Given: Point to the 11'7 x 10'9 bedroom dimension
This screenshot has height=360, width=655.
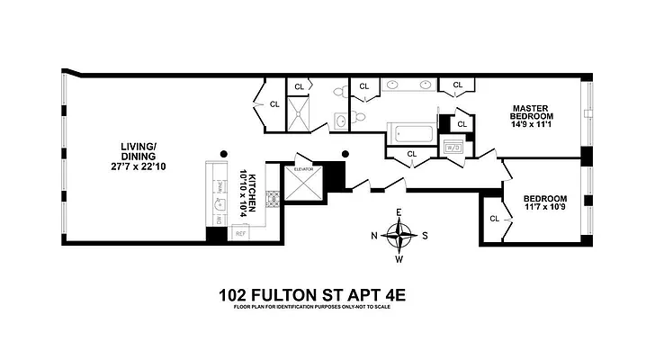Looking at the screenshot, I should [546, 209].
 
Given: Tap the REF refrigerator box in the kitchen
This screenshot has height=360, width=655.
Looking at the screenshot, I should [240, 233].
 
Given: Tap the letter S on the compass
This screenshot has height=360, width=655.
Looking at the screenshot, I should [427, 237].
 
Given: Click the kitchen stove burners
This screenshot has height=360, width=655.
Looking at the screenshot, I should [219, 186].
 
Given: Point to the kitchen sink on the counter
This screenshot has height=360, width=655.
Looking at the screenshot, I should [219, 216].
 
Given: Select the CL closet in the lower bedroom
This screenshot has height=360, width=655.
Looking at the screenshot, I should [495, 219].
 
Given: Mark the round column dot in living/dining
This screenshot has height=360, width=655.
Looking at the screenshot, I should [226, 152].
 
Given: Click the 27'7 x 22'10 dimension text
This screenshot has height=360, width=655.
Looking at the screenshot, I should [139, 167].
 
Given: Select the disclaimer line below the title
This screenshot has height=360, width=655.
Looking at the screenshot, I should [310, 308].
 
